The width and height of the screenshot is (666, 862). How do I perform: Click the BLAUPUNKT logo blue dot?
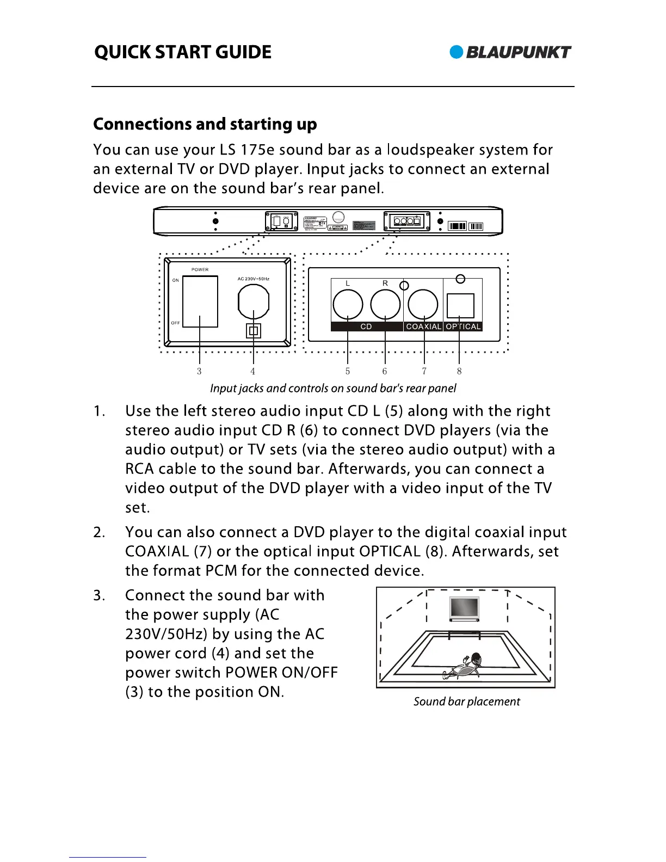click(457, 52)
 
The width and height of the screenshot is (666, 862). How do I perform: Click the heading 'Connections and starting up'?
click(205, 124)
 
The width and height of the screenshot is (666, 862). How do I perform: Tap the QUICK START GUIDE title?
click(183, 52)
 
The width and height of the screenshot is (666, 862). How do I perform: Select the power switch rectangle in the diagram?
click(200, 301)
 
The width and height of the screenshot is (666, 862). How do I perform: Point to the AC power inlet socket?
click(254, 301)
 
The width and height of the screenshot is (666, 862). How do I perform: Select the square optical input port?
click(460, 305)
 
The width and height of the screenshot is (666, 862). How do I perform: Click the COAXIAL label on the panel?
click(423, 327)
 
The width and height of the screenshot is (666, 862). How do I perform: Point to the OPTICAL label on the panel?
click(463, 327)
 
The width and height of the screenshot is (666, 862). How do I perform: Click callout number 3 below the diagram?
click(199, 371)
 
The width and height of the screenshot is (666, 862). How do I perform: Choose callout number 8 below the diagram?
click(459, 371)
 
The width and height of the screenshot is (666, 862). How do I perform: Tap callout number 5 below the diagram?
click(348, 371)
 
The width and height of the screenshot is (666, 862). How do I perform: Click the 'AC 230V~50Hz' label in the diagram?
click(253, 279)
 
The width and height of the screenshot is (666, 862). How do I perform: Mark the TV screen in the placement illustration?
click(464, 608)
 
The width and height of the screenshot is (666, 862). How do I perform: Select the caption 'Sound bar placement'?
click(466, 701)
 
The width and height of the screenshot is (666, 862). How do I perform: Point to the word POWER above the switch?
click(200, 269)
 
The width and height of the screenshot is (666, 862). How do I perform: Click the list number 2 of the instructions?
click(98, 532)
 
